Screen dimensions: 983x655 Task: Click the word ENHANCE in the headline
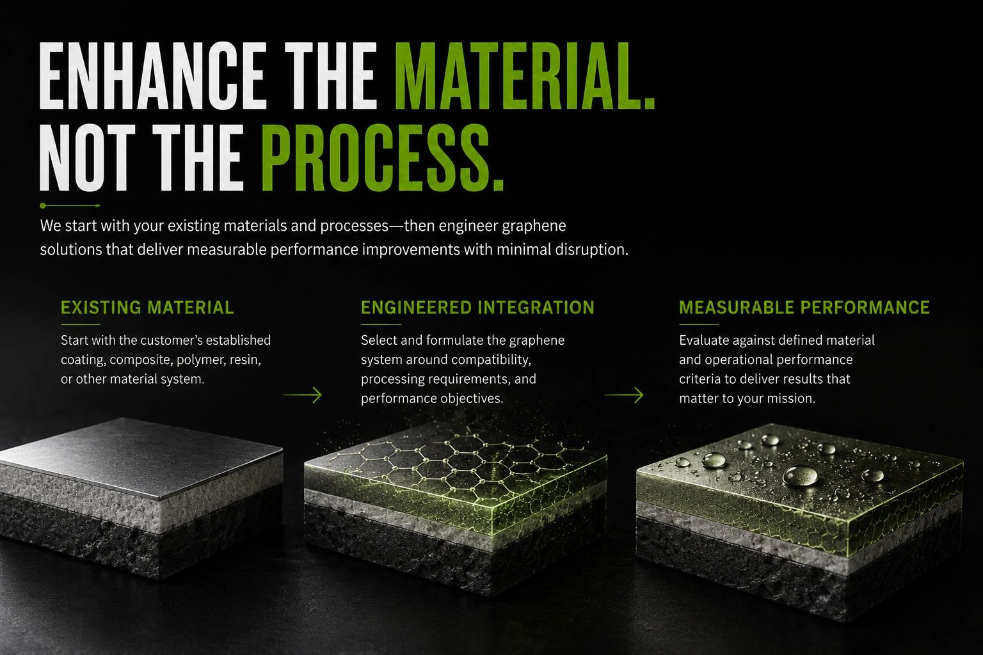(153, 75)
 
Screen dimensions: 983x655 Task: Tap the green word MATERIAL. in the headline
(525, 75)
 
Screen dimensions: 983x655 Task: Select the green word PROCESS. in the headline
(383, 157)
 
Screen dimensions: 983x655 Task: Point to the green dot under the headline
(43, 205)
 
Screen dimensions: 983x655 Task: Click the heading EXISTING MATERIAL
(147, 308)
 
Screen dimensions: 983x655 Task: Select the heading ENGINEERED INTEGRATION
(477, 308)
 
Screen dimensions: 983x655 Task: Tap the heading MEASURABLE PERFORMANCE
(804, 308)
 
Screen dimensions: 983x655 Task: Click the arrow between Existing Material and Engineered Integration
(302, 395)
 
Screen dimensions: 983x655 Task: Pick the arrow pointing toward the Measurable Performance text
(623, 395)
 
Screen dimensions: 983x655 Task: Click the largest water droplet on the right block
(801, 475)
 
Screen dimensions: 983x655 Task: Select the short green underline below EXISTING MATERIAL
(81, 324)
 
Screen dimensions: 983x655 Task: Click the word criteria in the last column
(699, 379)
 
